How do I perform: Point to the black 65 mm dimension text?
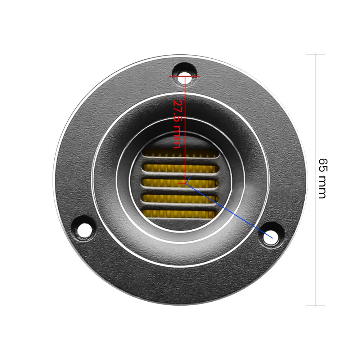[x=322, y=178]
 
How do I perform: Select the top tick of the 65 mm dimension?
[x=315, y=54]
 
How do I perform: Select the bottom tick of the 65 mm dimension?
[x=315, y=306]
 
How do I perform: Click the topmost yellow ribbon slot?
[x=180, y=153]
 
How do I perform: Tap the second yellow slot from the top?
[x=180, y=168]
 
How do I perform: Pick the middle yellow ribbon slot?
[x=180, y=183]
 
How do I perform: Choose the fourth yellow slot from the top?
[x=180, y=198]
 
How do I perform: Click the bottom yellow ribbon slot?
[x=180, y=214]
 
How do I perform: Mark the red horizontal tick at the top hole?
[x=184, y=76]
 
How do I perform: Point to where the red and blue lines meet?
[x=185, y=184]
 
